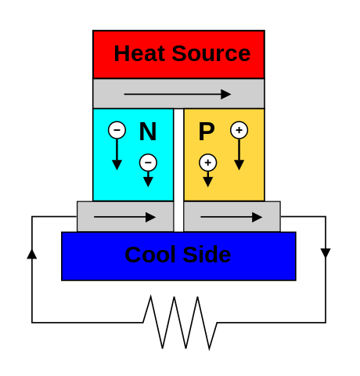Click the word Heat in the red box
pyautogui.click(x=139, y=53)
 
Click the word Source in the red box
pyautogui.click(x=211, y=53)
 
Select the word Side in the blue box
pyautogui.click(x=207, y=255)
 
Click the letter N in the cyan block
pyautogui.click(x=148, y=132)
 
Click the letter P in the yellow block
pyautogui.click(x=207, y=132)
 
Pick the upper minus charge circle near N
pyautogui.click(x=117, y=130)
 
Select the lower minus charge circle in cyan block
pyautogui.click(x=148, y=162)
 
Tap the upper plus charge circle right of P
pyautogui.click(x=239, y=130)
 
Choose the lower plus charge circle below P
pyautogui.click(x=207, y=162)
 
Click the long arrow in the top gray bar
pyautogui.click(x=178, y=94)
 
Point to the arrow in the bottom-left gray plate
pyautogui.click(x=124, y=217)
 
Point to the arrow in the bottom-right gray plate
pyautogui.click(x=231, y=217)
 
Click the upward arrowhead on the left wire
pyautogui.click(x=32, y=254)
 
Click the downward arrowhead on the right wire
pyautogui.click(x=326, y=253)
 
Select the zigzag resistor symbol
pyautogui.click(x=180, y=323)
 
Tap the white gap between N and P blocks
pyautogui.click(x=178, y=170)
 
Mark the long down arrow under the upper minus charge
pyautogui.click(x=117, y=154)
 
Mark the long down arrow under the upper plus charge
pyautogui.click(x=239, y=154)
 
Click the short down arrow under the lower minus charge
pyautogui.click(x=148, y=179)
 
